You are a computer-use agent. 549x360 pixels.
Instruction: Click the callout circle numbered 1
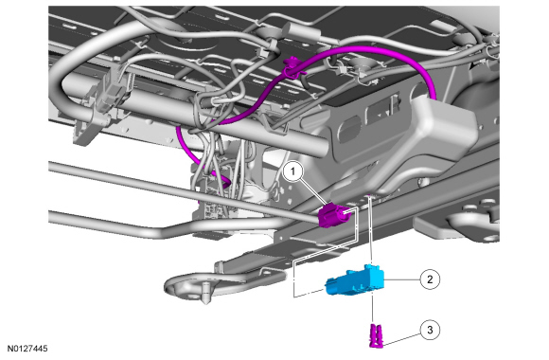coord(292,171)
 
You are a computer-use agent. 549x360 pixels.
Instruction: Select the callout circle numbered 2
coord(430,279)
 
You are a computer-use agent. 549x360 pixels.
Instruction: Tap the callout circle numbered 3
coord(430,330)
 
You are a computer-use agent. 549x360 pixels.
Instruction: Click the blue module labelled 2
coord(355,280)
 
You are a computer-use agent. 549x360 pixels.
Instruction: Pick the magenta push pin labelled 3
coord(376,336)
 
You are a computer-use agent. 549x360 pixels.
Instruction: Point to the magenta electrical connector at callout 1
coord(331,215)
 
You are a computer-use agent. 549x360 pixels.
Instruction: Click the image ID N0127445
coord(27,349)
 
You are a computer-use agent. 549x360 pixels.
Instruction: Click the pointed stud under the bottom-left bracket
coord(206,293)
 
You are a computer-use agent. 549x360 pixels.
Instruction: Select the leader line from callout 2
coord(402,279)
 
